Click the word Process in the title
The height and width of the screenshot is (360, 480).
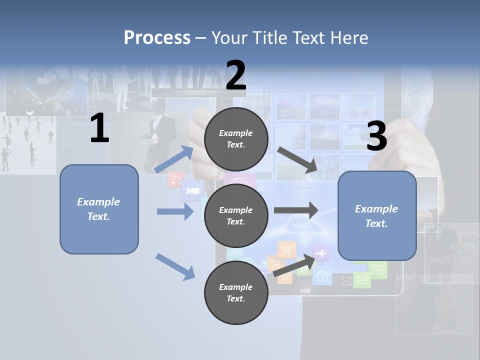157,37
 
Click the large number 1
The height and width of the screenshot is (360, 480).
99,128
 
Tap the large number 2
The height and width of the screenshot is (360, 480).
236,76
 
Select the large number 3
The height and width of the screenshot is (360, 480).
376,136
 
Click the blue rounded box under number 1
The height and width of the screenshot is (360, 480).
99,209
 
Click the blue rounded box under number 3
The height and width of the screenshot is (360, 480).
377,216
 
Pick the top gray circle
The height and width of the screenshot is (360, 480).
236,139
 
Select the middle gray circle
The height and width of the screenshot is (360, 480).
236,216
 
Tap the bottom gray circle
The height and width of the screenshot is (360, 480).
236,292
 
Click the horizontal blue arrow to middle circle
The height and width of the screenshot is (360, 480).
175,211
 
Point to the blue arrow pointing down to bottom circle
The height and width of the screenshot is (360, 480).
175,266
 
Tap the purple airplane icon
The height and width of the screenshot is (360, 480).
321,254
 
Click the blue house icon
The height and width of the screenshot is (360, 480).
322,275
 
